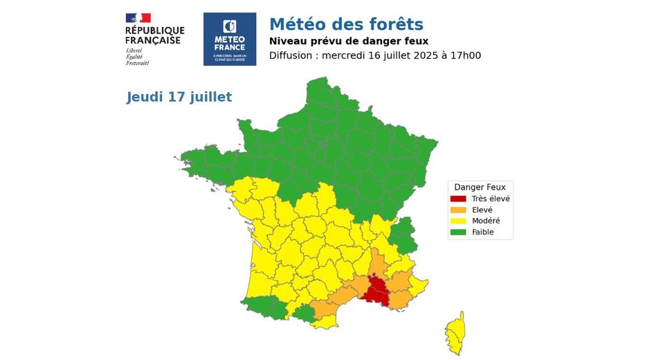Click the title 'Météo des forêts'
345,26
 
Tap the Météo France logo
230,39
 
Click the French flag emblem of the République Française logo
138,18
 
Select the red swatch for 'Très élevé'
458,199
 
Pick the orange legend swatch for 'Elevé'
458,210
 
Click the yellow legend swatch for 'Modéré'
458,221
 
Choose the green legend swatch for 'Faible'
458,232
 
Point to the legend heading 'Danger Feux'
480,187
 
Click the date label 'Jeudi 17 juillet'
179,97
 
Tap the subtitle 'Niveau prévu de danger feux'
349,42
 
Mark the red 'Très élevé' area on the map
376,289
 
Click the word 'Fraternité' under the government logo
137,63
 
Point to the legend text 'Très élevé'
491,199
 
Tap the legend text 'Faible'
483,232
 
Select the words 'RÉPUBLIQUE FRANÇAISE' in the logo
154,35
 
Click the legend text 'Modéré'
486,221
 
